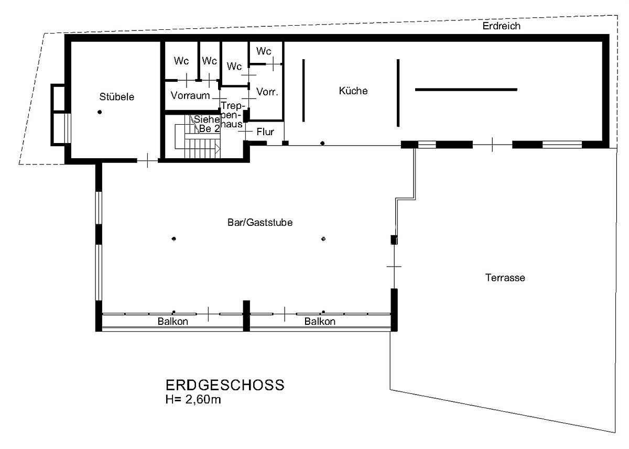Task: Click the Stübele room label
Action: [x=117, y=97]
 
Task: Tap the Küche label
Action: [x=353, y=91]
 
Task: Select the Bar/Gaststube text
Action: [x=260, y=223]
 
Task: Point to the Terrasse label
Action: [x=505, y=278]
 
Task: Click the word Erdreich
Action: [x=502, y=26]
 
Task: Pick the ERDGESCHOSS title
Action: [x=225, y=385]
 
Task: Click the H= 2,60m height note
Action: [x=193, y=400]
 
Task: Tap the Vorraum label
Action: [x=190, y=95]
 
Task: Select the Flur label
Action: [x=265, y=132]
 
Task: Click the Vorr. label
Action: [x=267, y=92]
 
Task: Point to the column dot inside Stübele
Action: [x=100, y=112]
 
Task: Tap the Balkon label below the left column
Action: [x=172, y=321]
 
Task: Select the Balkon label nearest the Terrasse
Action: [x=320, y=321]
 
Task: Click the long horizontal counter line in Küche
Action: [x=466, y=90]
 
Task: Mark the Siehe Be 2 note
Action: [x=208, y=124]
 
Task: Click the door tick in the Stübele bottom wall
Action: [x=147, y=160]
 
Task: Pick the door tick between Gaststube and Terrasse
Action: [x=394, y=266]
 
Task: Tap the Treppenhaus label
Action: [x=232, y=115]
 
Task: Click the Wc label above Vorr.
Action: [x=264, y=51]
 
